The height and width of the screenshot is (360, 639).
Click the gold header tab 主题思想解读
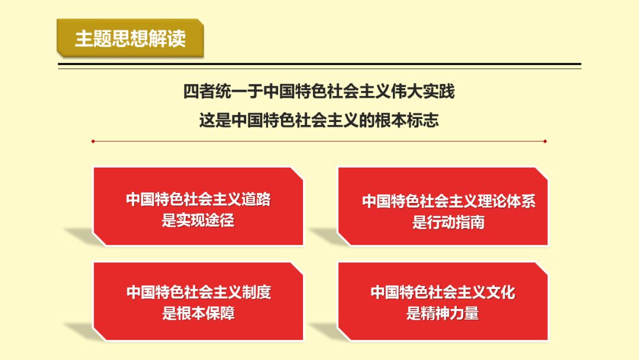(x=130, y=38)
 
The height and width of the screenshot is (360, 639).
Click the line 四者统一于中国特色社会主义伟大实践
(x=319, y=92)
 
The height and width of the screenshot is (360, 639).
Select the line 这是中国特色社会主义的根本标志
(x=319, y=120)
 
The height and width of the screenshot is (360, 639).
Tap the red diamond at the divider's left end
(x=93, y=142)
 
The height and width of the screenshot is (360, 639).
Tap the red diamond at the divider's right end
(x=545, y=142)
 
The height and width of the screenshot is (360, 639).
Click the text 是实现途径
(x=198, y=221)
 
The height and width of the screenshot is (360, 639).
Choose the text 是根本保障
(x=198, y=313)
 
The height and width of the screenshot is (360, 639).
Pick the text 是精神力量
(x=443, y=313)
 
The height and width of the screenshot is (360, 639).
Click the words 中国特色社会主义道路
(x=198, y=200)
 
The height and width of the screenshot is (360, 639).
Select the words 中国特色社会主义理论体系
(x=448, y=201)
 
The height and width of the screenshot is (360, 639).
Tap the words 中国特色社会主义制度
(x=198, y=292)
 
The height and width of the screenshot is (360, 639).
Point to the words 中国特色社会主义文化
(x=443, y=292)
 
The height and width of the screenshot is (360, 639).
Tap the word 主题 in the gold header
(x=88, y=38)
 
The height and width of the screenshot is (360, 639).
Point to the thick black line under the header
(x=319, y=64)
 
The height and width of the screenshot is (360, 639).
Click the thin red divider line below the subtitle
(x=319, y=142)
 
